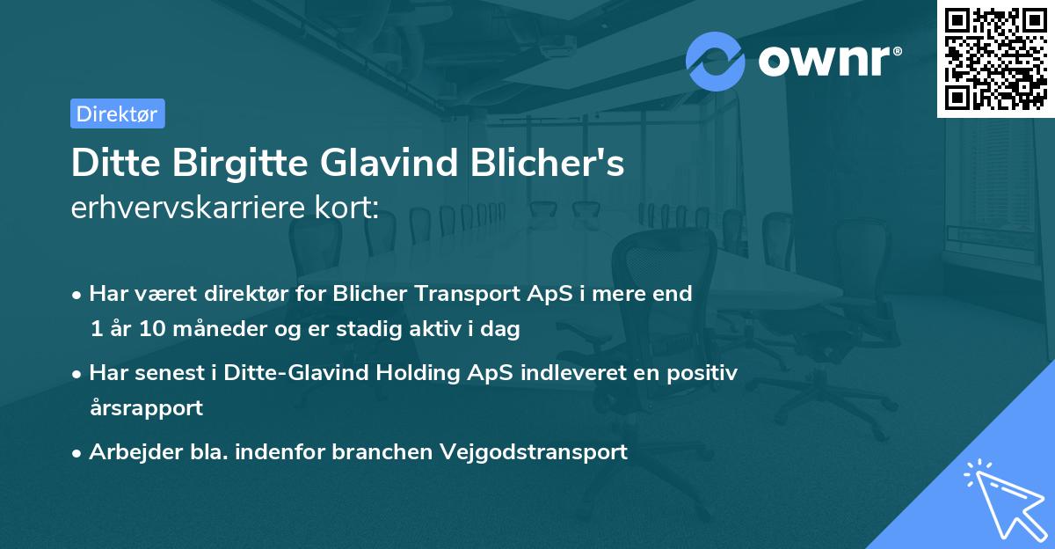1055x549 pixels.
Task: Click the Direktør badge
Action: click(x=117, y=113)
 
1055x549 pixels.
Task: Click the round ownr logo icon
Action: click(x=716, y=62)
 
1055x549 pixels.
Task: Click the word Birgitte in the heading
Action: click(x=231, y=165)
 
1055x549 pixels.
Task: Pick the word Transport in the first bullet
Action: click(x=433, y=293)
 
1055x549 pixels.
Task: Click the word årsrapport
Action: click(x=146, y=408)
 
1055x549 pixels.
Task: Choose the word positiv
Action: click(x=702, y=372)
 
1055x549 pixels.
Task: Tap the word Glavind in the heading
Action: click(x=388, y=165)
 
